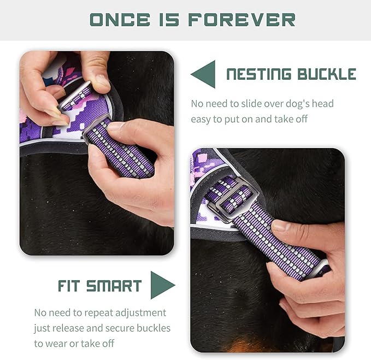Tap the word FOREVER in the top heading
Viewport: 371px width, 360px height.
coord(242,20)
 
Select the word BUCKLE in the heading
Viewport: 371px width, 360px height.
coord(327,74)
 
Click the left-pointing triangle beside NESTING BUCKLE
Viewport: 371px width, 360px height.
coord(203,74)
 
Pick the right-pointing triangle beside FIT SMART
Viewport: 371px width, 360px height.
coord(162,285)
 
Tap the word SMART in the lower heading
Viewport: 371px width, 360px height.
coord(115,286)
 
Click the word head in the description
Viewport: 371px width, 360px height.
coord(321,103)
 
